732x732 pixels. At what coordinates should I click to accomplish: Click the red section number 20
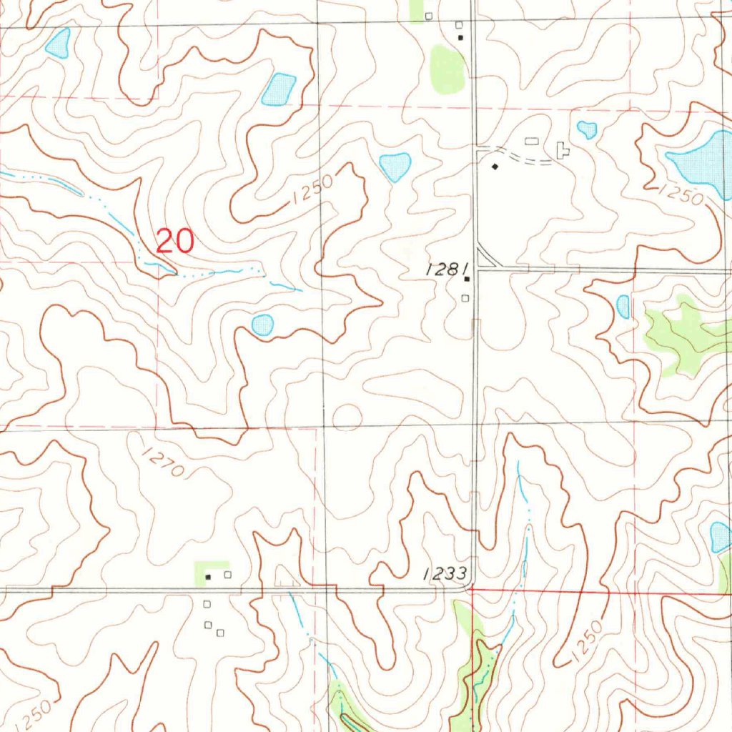click(x=174, y=242)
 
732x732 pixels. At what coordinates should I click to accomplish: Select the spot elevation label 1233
click(x=444, y=573)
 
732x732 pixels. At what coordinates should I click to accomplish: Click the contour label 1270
click(x=164, y=462)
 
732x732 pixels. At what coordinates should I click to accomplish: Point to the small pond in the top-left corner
click(x=59, y=44)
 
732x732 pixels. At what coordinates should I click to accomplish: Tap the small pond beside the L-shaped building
click(x=586, y=129)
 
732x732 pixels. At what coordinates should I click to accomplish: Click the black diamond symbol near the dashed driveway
click(x=495, y=167)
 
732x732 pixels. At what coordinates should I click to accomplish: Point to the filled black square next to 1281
click(x=466, y=280)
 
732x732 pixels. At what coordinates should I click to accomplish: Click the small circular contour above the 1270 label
click(x=347, y=416)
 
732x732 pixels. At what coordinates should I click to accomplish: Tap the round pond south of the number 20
click(x=262, y=325)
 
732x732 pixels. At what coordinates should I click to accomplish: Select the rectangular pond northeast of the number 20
click(x=279, y=90)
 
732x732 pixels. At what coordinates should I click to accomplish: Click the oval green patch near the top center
click(x=447, y=70)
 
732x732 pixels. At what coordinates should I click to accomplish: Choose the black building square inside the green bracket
click(x=208, y=576)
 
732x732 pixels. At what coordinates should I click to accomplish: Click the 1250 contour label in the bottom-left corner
click(x=31, y=711)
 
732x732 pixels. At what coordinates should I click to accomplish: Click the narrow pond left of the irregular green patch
click(x=623, y=307)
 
